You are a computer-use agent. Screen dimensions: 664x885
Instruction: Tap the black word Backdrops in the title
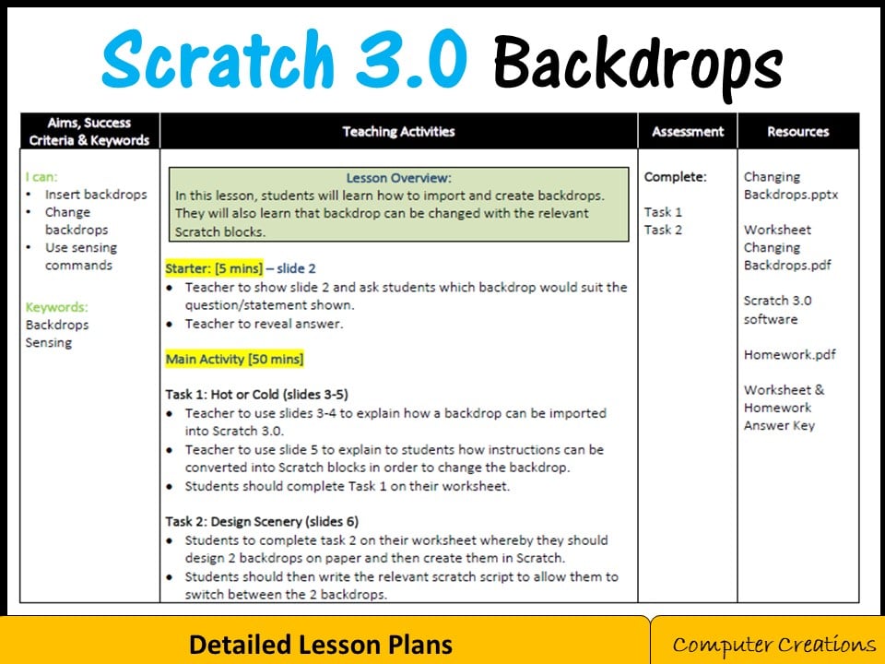tap(637, 63)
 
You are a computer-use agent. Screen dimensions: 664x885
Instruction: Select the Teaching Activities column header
tap(398, 131)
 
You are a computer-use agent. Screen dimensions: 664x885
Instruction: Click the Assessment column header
tap(688, 131)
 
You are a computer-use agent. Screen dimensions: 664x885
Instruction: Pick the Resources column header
tap(797, 131)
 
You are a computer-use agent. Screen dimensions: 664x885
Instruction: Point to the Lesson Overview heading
tap(398, 178)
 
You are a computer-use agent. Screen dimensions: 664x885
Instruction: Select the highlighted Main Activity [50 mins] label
tap(234, 358)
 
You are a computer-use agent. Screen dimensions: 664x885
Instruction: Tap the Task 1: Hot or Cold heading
tap(256, 394)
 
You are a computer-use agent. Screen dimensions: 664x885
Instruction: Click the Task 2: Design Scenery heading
tap(262, 521)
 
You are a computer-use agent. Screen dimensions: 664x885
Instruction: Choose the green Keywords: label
tap(57, 307)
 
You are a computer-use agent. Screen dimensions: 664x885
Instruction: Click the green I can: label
tap(41, 176)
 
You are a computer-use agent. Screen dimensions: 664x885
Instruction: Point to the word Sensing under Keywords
tap(49, 342)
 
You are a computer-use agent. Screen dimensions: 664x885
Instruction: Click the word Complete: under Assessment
tap(675, 176)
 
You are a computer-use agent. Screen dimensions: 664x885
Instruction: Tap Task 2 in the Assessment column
tap(663, 230)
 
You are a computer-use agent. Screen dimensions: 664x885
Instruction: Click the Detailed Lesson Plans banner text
tap(321, 644)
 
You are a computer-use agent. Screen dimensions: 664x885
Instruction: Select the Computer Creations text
tap(773, 644)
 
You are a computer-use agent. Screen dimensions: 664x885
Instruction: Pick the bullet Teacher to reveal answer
tap(264, 323)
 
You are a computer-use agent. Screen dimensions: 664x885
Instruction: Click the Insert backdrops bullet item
tap(96, 195)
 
